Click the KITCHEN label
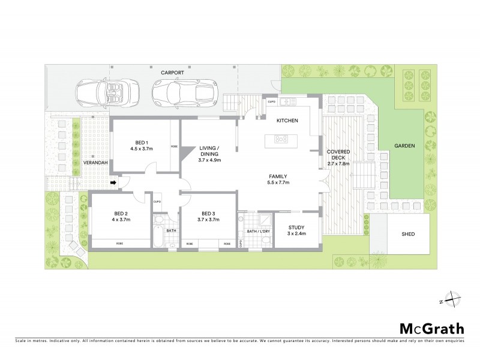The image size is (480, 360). pos(287,121)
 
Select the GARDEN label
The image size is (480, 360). pos(406,146)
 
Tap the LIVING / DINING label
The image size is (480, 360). pos(209,152)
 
